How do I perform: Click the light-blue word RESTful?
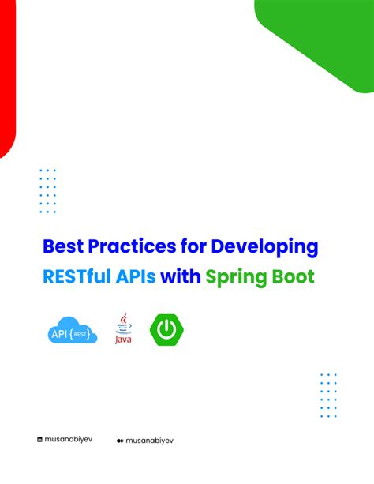[84, 277]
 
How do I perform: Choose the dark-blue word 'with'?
[181, 277]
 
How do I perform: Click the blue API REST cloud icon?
[73, 331]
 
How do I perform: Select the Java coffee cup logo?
[123, 325]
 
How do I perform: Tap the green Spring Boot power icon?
[165, 330]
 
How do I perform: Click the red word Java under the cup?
[123, 340]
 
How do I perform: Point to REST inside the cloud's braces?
[84, 332]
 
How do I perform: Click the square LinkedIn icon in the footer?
[40, 440]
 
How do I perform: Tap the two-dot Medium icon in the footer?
[119, 441]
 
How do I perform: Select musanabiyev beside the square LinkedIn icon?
[69, 440]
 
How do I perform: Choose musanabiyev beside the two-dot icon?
[151, 441]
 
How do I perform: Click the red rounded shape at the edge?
[7, 79]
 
